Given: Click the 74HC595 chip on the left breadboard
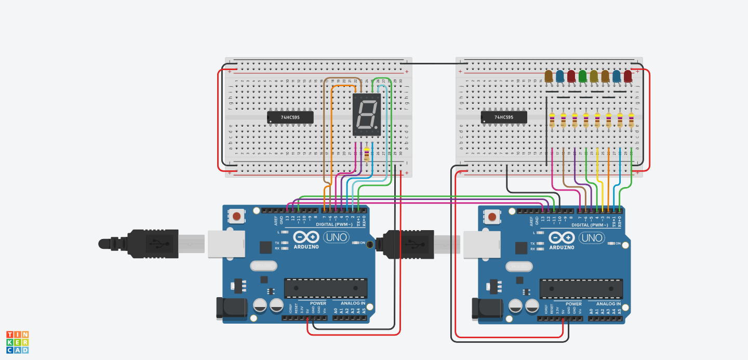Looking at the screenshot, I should click(x=290, y=117).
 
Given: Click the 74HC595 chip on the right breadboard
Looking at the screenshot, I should click(x=504, y=117).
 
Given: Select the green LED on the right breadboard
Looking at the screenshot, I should click(x=582, y=76).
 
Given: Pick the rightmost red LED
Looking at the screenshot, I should click(x=627, y=76).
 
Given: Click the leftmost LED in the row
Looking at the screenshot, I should click(x=549, y=76).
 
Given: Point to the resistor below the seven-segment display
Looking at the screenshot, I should click(x=367, y=155).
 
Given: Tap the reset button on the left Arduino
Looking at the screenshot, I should click(x=236, y=216).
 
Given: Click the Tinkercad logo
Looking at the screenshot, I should click(x=18, y=342).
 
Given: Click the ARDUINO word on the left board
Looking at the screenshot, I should click(x=306, y=247).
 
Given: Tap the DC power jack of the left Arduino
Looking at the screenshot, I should click(x=231, y=308).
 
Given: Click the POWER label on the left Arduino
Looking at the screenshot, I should click(x=318, y=303).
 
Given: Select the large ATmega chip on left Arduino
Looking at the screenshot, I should click(x=325, y=288).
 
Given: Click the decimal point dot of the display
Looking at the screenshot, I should click(x=377, y=127).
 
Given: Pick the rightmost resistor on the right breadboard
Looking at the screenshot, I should click(x=631, y=120).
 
